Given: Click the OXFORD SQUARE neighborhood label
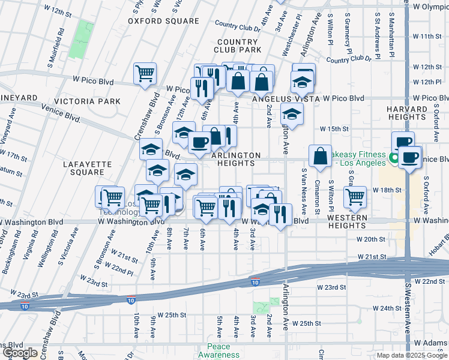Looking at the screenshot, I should pyautogui.click(x=163, y=21).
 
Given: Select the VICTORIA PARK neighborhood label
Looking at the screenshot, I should pyautogui.click(x=87, y=101).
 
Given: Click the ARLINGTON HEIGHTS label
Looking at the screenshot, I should pyautogui.click(x=236, y=160).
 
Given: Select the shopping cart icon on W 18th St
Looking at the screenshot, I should pyautogui.click(x=355, y=196).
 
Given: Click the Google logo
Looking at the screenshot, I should pyautogui.click(x=20, y=353).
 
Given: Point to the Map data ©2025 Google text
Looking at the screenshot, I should pyautogui.click(x=411, y=355).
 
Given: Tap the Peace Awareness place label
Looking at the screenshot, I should pyautogui.click(x=223, y=350).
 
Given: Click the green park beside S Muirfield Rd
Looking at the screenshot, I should pyautogui.click(x=80, y=40).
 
